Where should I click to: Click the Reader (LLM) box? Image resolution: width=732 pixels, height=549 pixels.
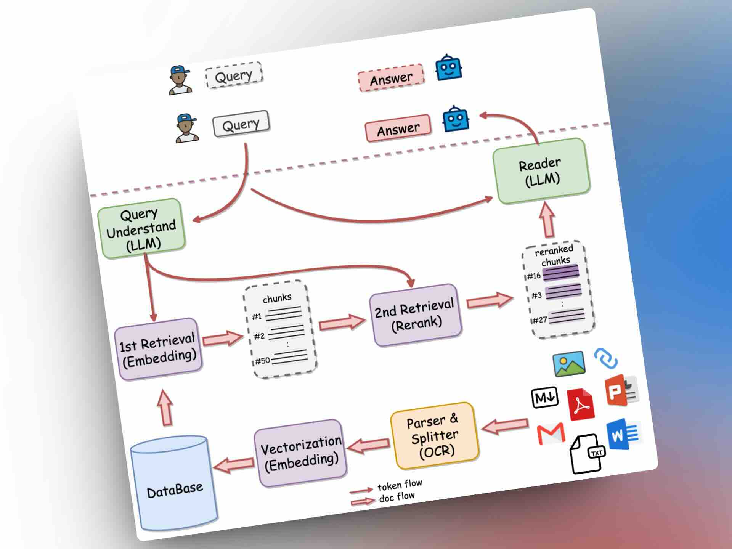pyautogui.click(x=541, y=171)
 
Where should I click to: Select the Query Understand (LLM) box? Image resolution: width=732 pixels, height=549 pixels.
pyautogui.click(x=141, y=229)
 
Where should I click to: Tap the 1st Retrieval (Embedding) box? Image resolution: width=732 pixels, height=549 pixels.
pyautogui.click(x=158, y=349)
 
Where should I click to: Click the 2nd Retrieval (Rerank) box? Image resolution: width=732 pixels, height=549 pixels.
pyautogui.click(x=415, y=315)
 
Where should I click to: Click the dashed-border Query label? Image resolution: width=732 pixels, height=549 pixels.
pyautogui.click(x=234, y=75)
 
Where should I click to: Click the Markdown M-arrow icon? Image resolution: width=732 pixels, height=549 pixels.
pyautogui.click(x=545, y=398)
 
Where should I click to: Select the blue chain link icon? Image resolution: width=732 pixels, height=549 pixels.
pyautogui.click(x=606, y=358)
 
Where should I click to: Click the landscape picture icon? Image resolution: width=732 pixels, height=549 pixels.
pyautogui.click(x=569, y=364)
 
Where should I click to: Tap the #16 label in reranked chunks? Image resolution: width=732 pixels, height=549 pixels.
pyautogui.click(x=534, y=276)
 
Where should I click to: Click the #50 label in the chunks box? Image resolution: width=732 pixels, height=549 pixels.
pyautogui.click(x=262, y=361)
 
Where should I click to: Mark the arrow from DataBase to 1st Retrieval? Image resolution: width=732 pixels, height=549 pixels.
pyautogui.click(x=165, y=408)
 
